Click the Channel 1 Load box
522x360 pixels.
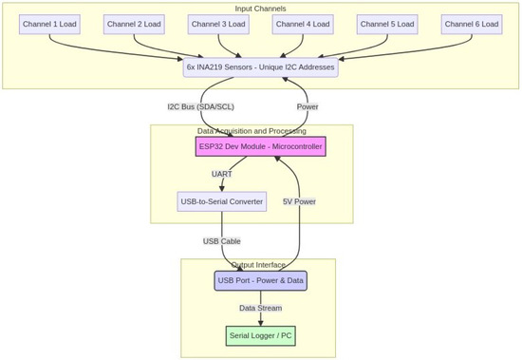(49, 25)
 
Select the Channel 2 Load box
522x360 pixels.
(134, 25)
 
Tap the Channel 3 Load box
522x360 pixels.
(218, 25)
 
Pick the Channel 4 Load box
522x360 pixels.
(303, 25)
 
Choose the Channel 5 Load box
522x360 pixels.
(387, 25)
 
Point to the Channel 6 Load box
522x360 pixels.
(472, 25)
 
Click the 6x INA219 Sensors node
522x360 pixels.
(261, 67)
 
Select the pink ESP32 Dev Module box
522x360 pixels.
(261, 146)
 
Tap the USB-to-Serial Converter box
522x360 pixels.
(222, 201)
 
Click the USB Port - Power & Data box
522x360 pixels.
(261, 280)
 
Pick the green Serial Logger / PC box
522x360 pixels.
(261, 336)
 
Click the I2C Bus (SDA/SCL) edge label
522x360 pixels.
(201, 107)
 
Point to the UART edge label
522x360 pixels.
(222, 174)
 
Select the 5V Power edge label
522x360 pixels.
(299, 201)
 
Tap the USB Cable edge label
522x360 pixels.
(222, 241)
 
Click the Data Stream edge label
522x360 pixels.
(261, 308)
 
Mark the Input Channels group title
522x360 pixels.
(260, 9)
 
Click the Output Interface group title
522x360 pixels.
(258, 265)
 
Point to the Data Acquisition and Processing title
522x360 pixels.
(252, 131)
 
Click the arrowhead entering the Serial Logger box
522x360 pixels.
(261, 323)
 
